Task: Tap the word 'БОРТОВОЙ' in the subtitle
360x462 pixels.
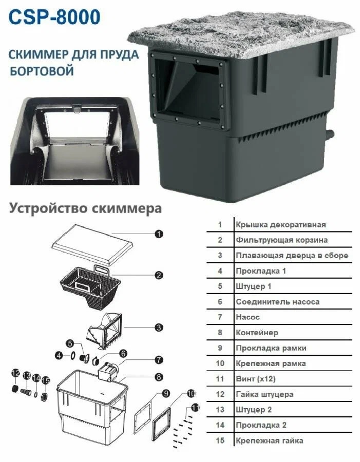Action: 42,70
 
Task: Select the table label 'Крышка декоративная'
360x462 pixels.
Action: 280,224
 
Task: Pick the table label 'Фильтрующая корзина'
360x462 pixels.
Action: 281,240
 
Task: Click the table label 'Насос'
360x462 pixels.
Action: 248,317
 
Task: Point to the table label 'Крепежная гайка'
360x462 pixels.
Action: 269,440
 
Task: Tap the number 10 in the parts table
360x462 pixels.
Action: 220,363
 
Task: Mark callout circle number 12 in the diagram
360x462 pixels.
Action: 16,373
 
